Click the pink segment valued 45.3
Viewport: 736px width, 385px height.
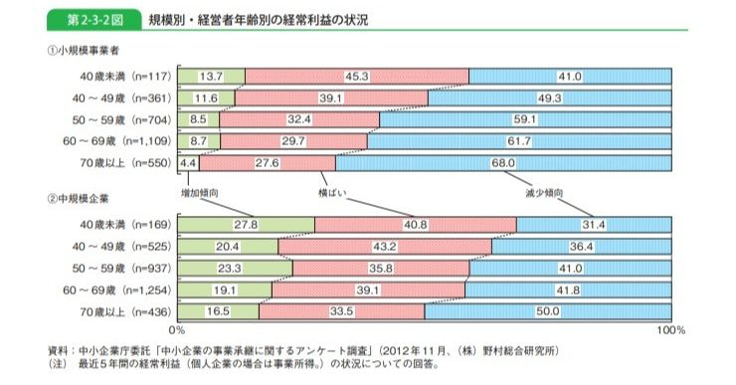(x=356, y=77)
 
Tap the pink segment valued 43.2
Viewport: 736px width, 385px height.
(x=385, y=247)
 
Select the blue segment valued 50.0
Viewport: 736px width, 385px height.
(x=549, y=311)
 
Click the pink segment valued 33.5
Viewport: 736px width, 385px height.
(x=341, y=311)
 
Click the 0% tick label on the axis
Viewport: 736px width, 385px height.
(x=178, y=329)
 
